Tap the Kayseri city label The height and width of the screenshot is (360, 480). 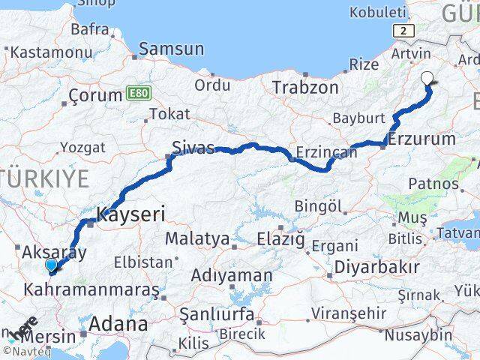[x=130, y=214]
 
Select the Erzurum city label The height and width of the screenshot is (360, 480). [x=422, y=139]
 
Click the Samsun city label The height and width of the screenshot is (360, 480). [x=172, y=49]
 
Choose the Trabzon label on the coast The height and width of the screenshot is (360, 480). [x=305, y=87]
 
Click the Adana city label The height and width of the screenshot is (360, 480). [x=118, y=324]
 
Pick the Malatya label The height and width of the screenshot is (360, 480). [x=196, y=239]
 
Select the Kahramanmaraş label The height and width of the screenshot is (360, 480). [x=92, y=289]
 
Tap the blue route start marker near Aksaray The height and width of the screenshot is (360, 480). [x=51, y=265]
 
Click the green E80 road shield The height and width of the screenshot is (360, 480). [x=136, y=91]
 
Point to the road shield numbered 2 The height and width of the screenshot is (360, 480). [x=405, y=30]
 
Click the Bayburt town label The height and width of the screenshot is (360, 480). [x=358, y=118]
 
